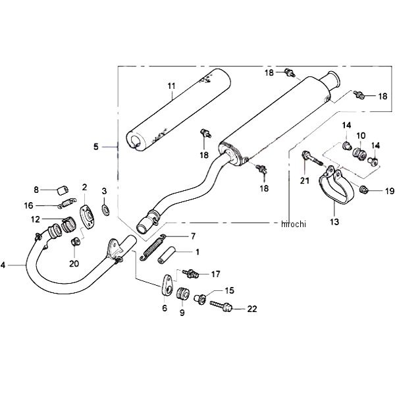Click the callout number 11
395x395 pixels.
coord(171,86)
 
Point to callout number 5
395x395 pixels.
coord(96,147)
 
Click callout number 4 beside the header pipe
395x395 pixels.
coord(4,265)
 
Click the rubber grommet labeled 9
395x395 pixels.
coord(184,293)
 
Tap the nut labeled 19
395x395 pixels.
coord(363,192)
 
